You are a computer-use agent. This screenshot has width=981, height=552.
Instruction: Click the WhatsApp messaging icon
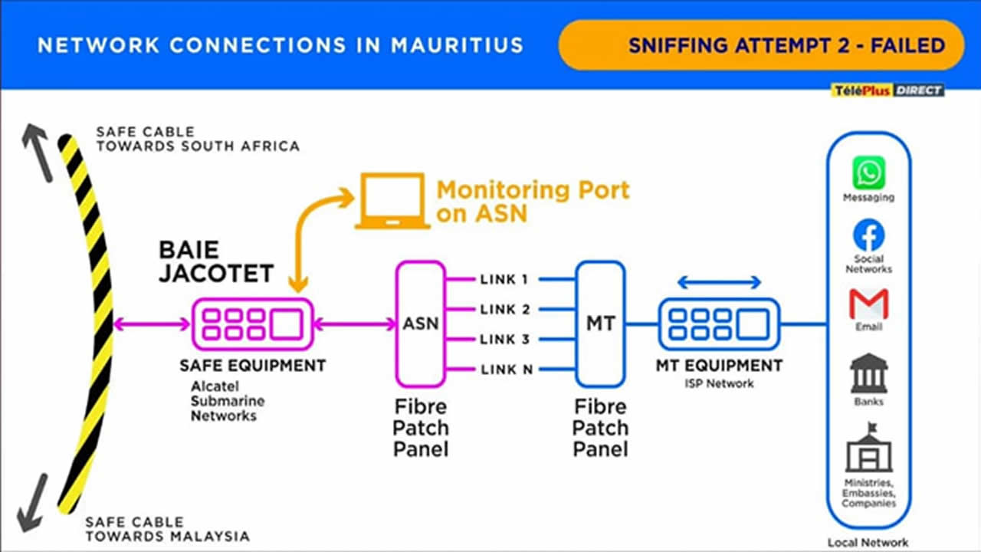click(868, 172)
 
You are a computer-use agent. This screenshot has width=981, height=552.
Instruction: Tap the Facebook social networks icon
click(868, 235)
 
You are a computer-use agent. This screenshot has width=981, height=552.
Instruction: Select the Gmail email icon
click(868, 304)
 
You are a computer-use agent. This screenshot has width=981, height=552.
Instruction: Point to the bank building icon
click(868, 374)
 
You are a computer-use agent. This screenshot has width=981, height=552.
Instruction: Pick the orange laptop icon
click(391, 201)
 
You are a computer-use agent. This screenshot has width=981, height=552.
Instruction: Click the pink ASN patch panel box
click(421, 324)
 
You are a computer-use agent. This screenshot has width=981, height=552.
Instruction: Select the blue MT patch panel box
click(600, 324)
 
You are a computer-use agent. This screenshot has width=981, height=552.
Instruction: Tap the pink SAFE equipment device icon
click(252, 324)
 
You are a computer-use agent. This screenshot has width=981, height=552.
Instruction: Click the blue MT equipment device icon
click(719, 324)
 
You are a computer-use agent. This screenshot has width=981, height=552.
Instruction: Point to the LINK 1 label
click(504, 279)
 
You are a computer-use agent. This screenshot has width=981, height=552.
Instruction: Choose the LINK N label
click(506, 370)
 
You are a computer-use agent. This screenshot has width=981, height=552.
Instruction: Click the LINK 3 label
click(504, 340)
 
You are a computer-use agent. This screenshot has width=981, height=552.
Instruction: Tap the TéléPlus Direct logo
click(887, 90)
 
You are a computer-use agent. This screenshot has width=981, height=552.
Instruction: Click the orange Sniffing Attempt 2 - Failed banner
click(760, 45)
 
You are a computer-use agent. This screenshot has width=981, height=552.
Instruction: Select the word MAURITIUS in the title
click(457, 45)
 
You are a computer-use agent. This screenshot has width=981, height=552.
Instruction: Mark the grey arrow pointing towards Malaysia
click(32, 502)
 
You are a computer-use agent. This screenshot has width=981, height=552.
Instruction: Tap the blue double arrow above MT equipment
click(719, 283)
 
